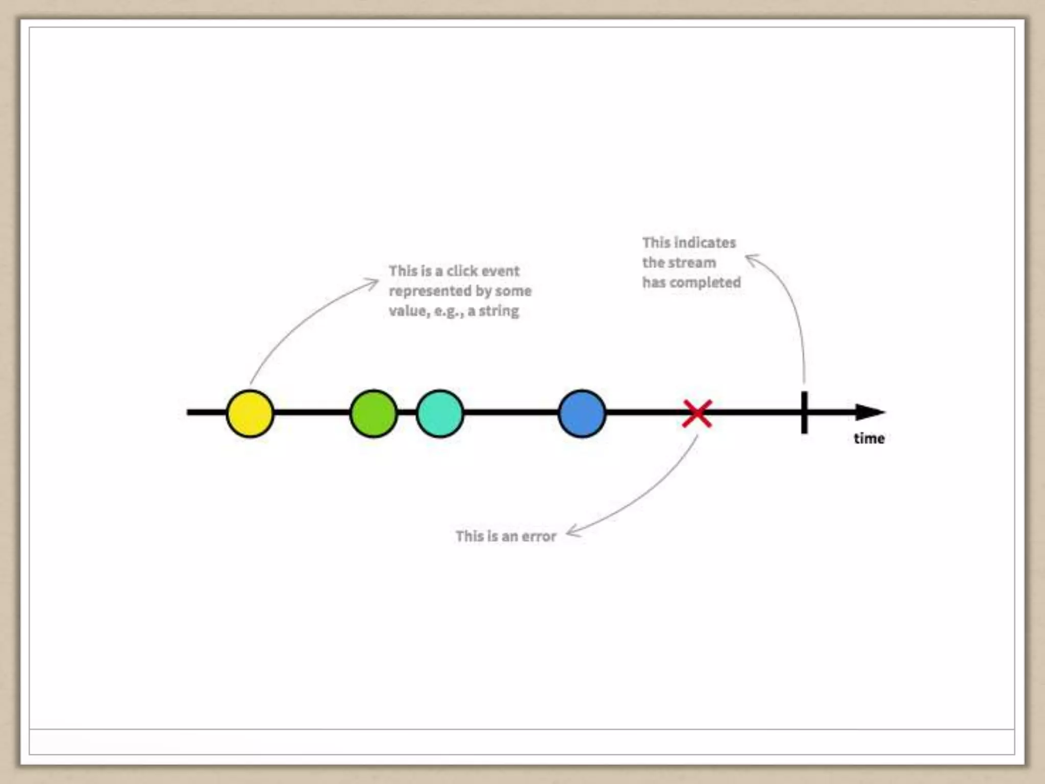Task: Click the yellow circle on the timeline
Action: [250, 413]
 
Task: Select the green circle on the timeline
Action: [374, 413]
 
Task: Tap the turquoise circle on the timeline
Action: [440, 413]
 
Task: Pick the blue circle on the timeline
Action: [582, 413]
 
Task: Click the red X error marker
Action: [697, 413]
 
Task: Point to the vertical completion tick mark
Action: [804, 412]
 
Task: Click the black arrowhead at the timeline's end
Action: [869, 412]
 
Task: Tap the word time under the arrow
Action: [869, 438]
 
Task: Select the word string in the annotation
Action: [499, 311]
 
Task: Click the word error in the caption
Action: [539, 536]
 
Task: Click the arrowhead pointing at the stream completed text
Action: [751, 258]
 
